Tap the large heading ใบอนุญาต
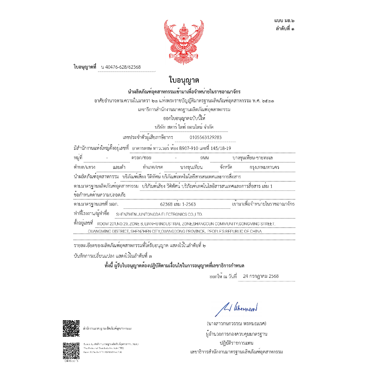(184, 80)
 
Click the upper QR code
(71, 328)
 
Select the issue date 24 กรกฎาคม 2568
(261, 276)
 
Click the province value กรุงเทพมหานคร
(264, 167)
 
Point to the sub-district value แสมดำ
(119, 167)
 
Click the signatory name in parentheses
(236, 323)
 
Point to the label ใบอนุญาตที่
(85, 67)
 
